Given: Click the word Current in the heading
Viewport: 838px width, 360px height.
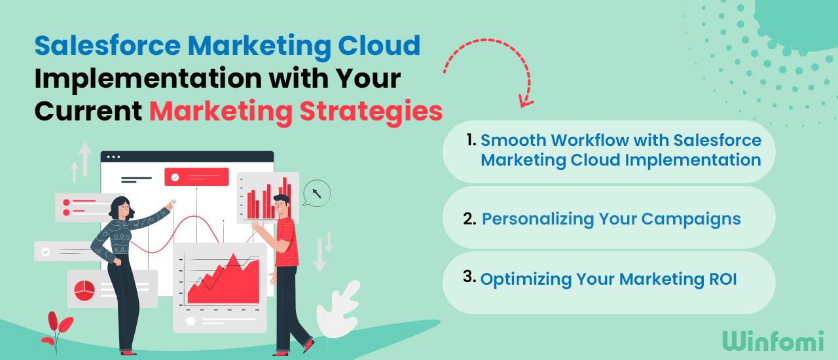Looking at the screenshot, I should click(88, 111).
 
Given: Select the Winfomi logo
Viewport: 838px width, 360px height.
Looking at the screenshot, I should click(774, 340).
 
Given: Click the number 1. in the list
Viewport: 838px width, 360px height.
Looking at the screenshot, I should click(471, 139).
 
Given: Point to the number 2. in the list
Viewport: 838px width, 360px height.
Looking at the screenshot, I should click(469, 219).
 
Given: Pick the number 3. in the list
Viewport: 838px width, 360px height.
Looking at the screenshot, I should click(469, 277).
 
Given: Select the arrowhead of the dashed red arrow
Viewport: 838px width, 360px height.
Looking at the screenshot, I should click(524, 101).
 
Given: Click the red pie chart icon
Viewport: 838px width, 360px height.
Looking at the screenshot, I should click(85, 290).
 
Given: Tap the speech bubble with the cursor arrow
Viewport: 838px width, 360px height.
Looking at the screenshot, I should click(317, 194).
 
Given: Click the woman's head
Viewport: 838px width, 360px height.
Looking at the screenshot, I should click(121, 208).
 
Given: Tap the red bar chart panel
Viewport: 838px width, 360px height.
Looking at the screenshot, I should click(268, 197).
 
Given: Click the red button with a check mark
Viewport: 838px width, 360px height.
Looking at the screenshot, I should click(196, 177).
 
